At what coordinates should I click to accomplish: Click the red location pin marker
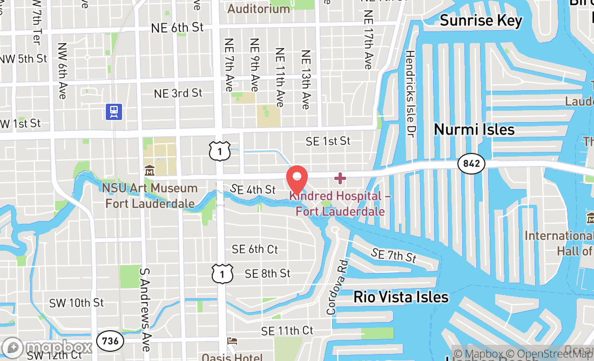point(296,179)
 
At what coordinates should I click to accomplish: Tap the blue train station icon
point(114,112)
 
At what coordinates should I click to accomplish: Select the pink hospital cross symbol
point(340,178)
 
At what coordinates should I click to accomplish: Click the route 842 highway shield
point(471,163)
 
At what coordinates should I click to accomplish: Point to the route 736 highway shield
point(110,341)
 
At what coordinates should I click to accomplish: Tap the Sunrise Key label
point(481,21)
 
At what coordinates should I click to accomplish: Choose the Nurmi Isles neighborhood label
point(474,130)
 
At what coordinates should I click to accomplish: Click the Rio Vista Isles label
point(401,297)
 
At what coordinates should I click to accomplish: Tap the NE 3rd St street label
point(178,93)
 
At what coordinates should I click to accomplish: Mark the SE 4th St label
point(253,189)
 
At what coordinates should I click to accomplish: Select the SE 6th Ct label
point(255,249)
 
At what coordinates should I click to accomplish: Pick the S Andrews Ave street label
point(145,307)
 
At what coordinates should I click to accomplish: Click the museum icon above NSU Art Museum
point(150,171)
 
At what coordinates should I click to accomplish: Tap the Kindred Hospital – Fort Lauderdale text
point(340,203)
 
